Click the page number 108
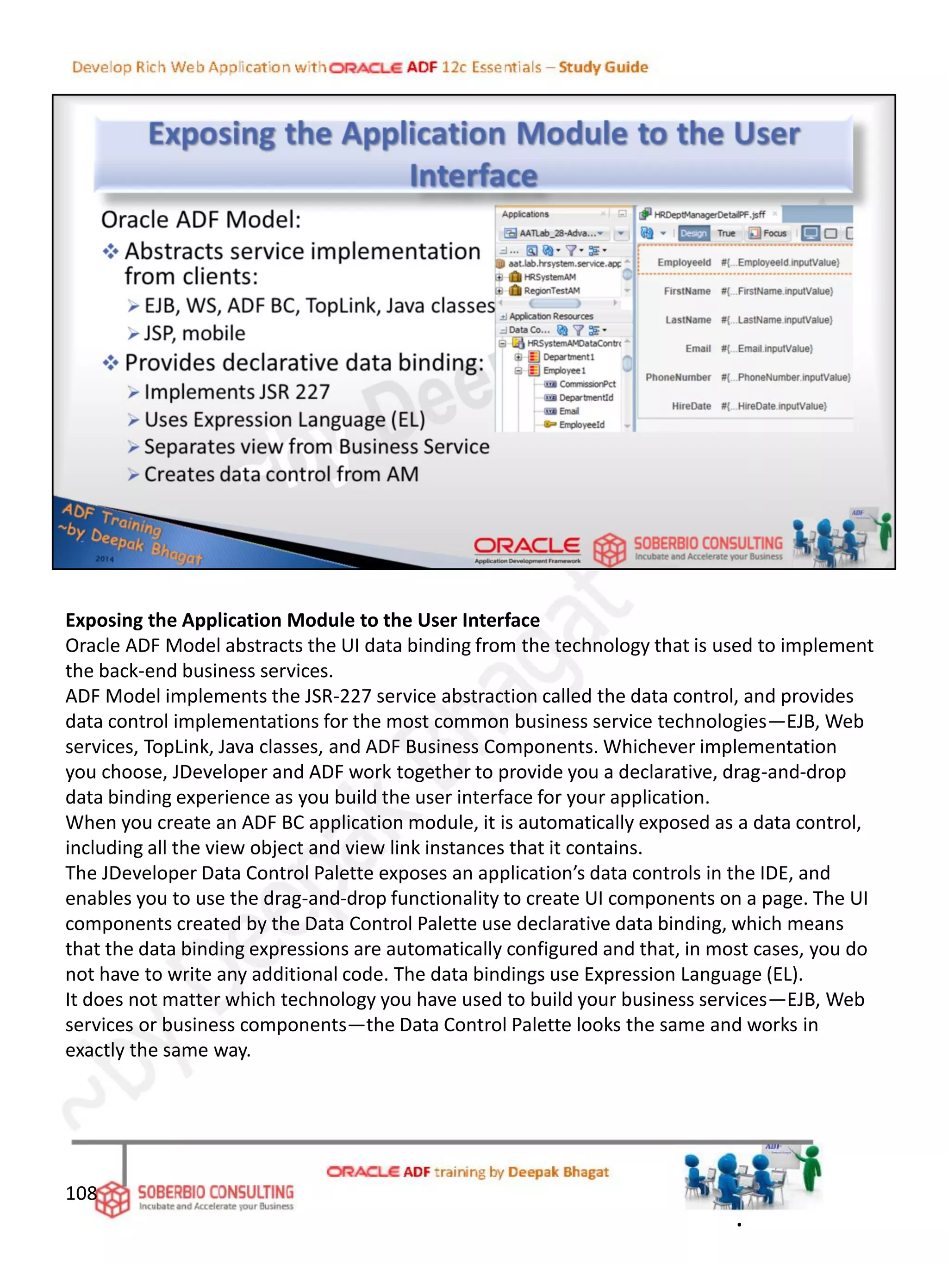81,1193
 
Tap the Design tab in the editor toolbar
693,233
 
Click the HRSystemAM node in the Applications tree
550,277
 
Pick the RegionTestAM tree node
551,291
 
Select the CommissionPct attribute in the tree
587,384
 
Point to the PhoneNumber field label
678,378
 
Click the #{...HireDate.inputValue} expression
773,406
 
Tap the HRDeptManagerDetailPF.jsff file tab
709,215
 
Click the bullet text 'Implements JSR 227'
237,392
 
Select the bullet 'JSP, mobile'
194,333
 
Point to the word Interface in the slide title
473,175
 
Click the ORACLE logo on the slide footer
526,546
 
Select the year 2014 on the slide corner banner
105,559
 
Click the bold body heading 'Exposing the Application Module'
302,620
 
